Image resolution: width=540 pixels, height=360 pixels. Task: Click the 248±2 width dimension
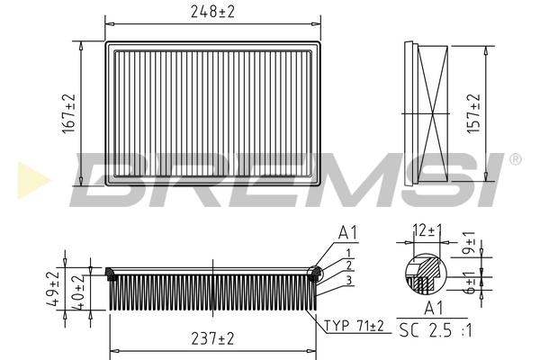pyautogui.click(x=212, y=12)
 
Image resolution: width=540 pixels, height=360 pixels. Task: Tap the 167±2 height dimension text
pyautogui.click(x=69, y=114)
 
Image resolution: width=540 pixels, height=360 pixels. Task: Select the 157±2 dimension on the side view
pyautogui.click(x=474, y=113)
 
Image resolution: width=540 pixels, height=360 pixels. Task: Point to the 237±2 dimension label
pyautogui.click(x=212, y=339)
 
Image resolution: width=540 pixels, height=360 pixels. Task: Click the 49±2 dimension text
pyautogui.click(x=53, y=289)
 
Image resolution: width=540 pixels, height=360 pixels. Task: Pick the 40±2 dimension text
pyautogui.click(x=77, y=292)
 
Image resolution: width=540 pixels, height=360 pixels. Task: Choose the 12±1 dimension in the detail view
pyautogui.click(x=427, y=230)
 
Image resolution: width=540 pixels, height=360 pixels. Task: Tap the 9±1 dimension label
pyautogui.click(x=469, y=243)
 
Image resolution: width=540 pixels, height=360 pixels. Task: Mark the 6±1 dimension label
pyautogui.click(x=469, y=282)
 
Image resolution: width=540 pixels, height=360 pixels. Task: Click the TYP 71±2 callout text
pyautogui.click(x=354, y=326)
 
